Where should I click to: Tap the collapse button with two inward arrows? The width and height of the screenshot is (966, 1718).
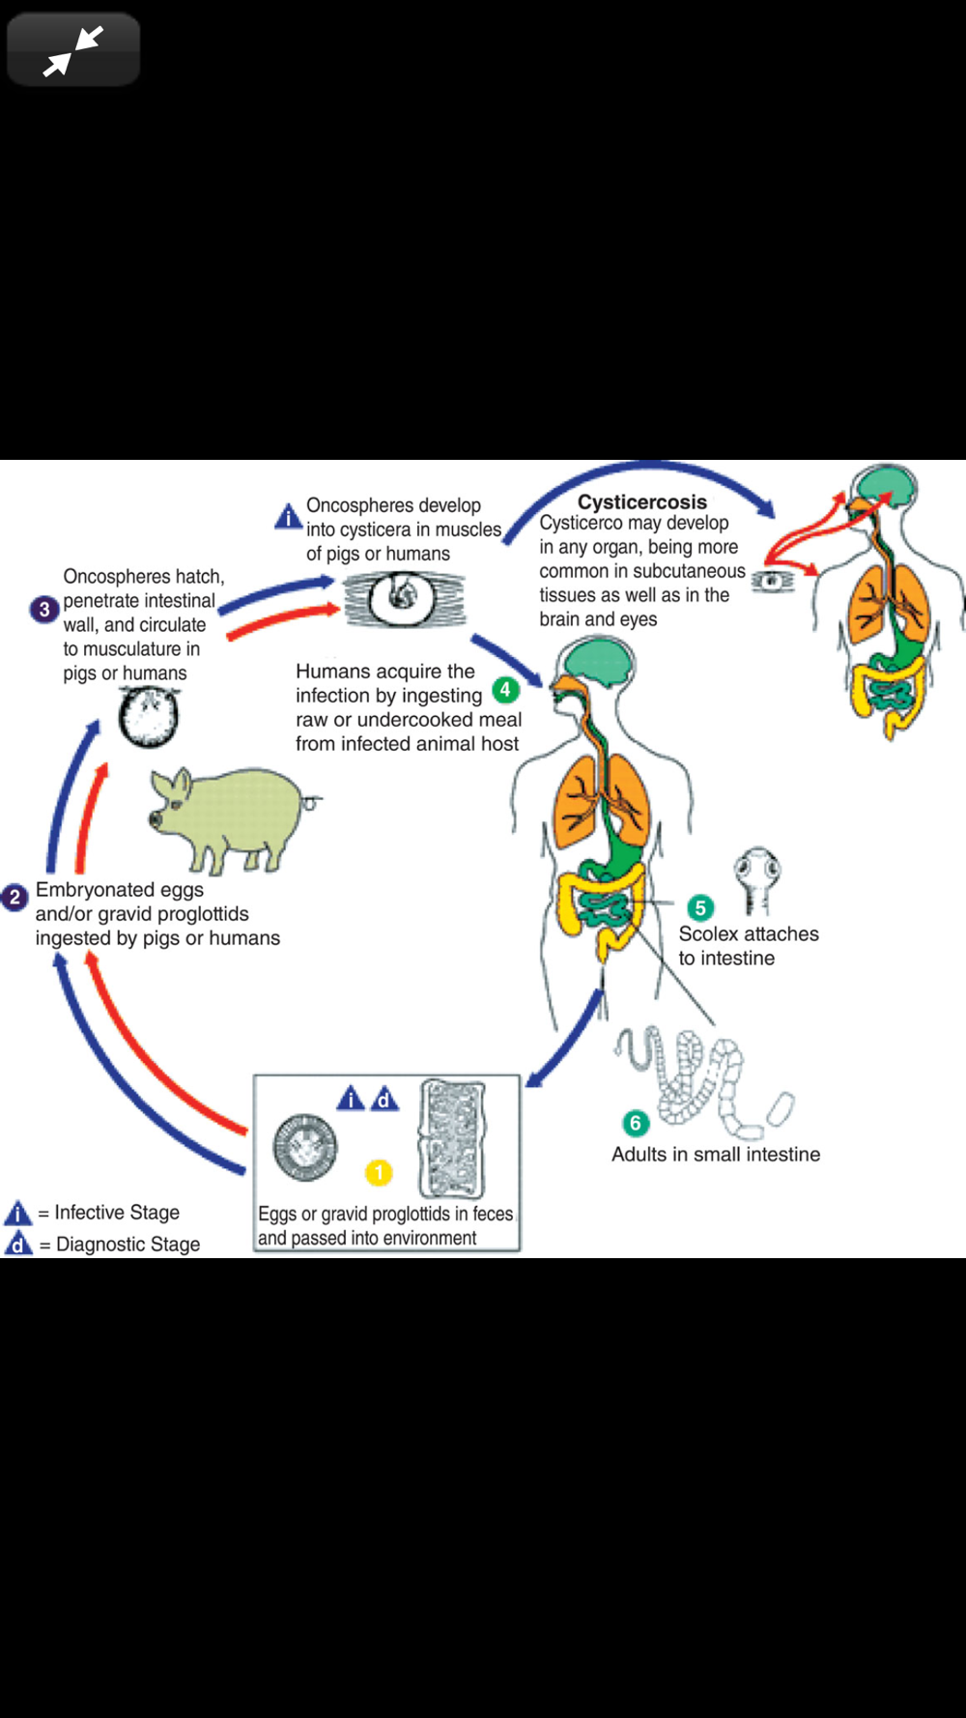point(73,49)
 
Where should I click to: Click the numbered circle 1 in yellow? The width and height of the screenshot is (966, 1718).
point(379,1172)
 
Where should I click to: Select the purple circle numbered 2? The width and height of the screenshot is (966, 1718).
point(14,898)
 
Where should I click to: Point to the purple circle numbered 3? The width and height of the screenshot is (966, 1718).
point(43,610)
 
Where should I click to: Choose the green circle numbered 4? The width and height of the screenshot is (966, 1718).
point(505,690)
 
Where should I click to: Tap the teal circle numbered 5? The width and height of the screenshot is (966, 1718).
point(700,907)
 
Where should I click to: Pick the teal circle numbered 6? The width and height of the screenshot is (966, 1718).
point(635,1123)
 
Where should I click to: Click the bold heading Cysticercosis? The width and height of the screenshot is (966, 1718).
point(641,502)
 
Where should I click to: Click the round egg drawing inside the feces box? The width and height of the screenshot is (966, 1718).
point(305,1148)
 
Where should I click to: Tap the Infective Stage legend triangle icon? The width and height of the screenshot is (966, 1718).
point(18,1213)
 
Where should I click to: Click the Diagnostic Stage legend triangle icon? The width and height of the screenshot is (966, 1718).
point(18,1244)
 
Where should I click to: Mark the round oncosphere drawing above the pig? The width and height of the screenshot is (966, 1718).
point(149,717)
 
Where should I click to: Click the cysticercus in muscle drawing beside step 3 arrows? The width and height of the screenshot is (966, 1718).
point(404,599)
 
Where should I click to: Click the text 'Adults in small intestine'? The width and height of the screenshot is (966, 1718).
point(715,1154)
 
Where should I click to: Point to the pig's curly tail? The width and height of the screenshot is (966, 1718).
point(312,800)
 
